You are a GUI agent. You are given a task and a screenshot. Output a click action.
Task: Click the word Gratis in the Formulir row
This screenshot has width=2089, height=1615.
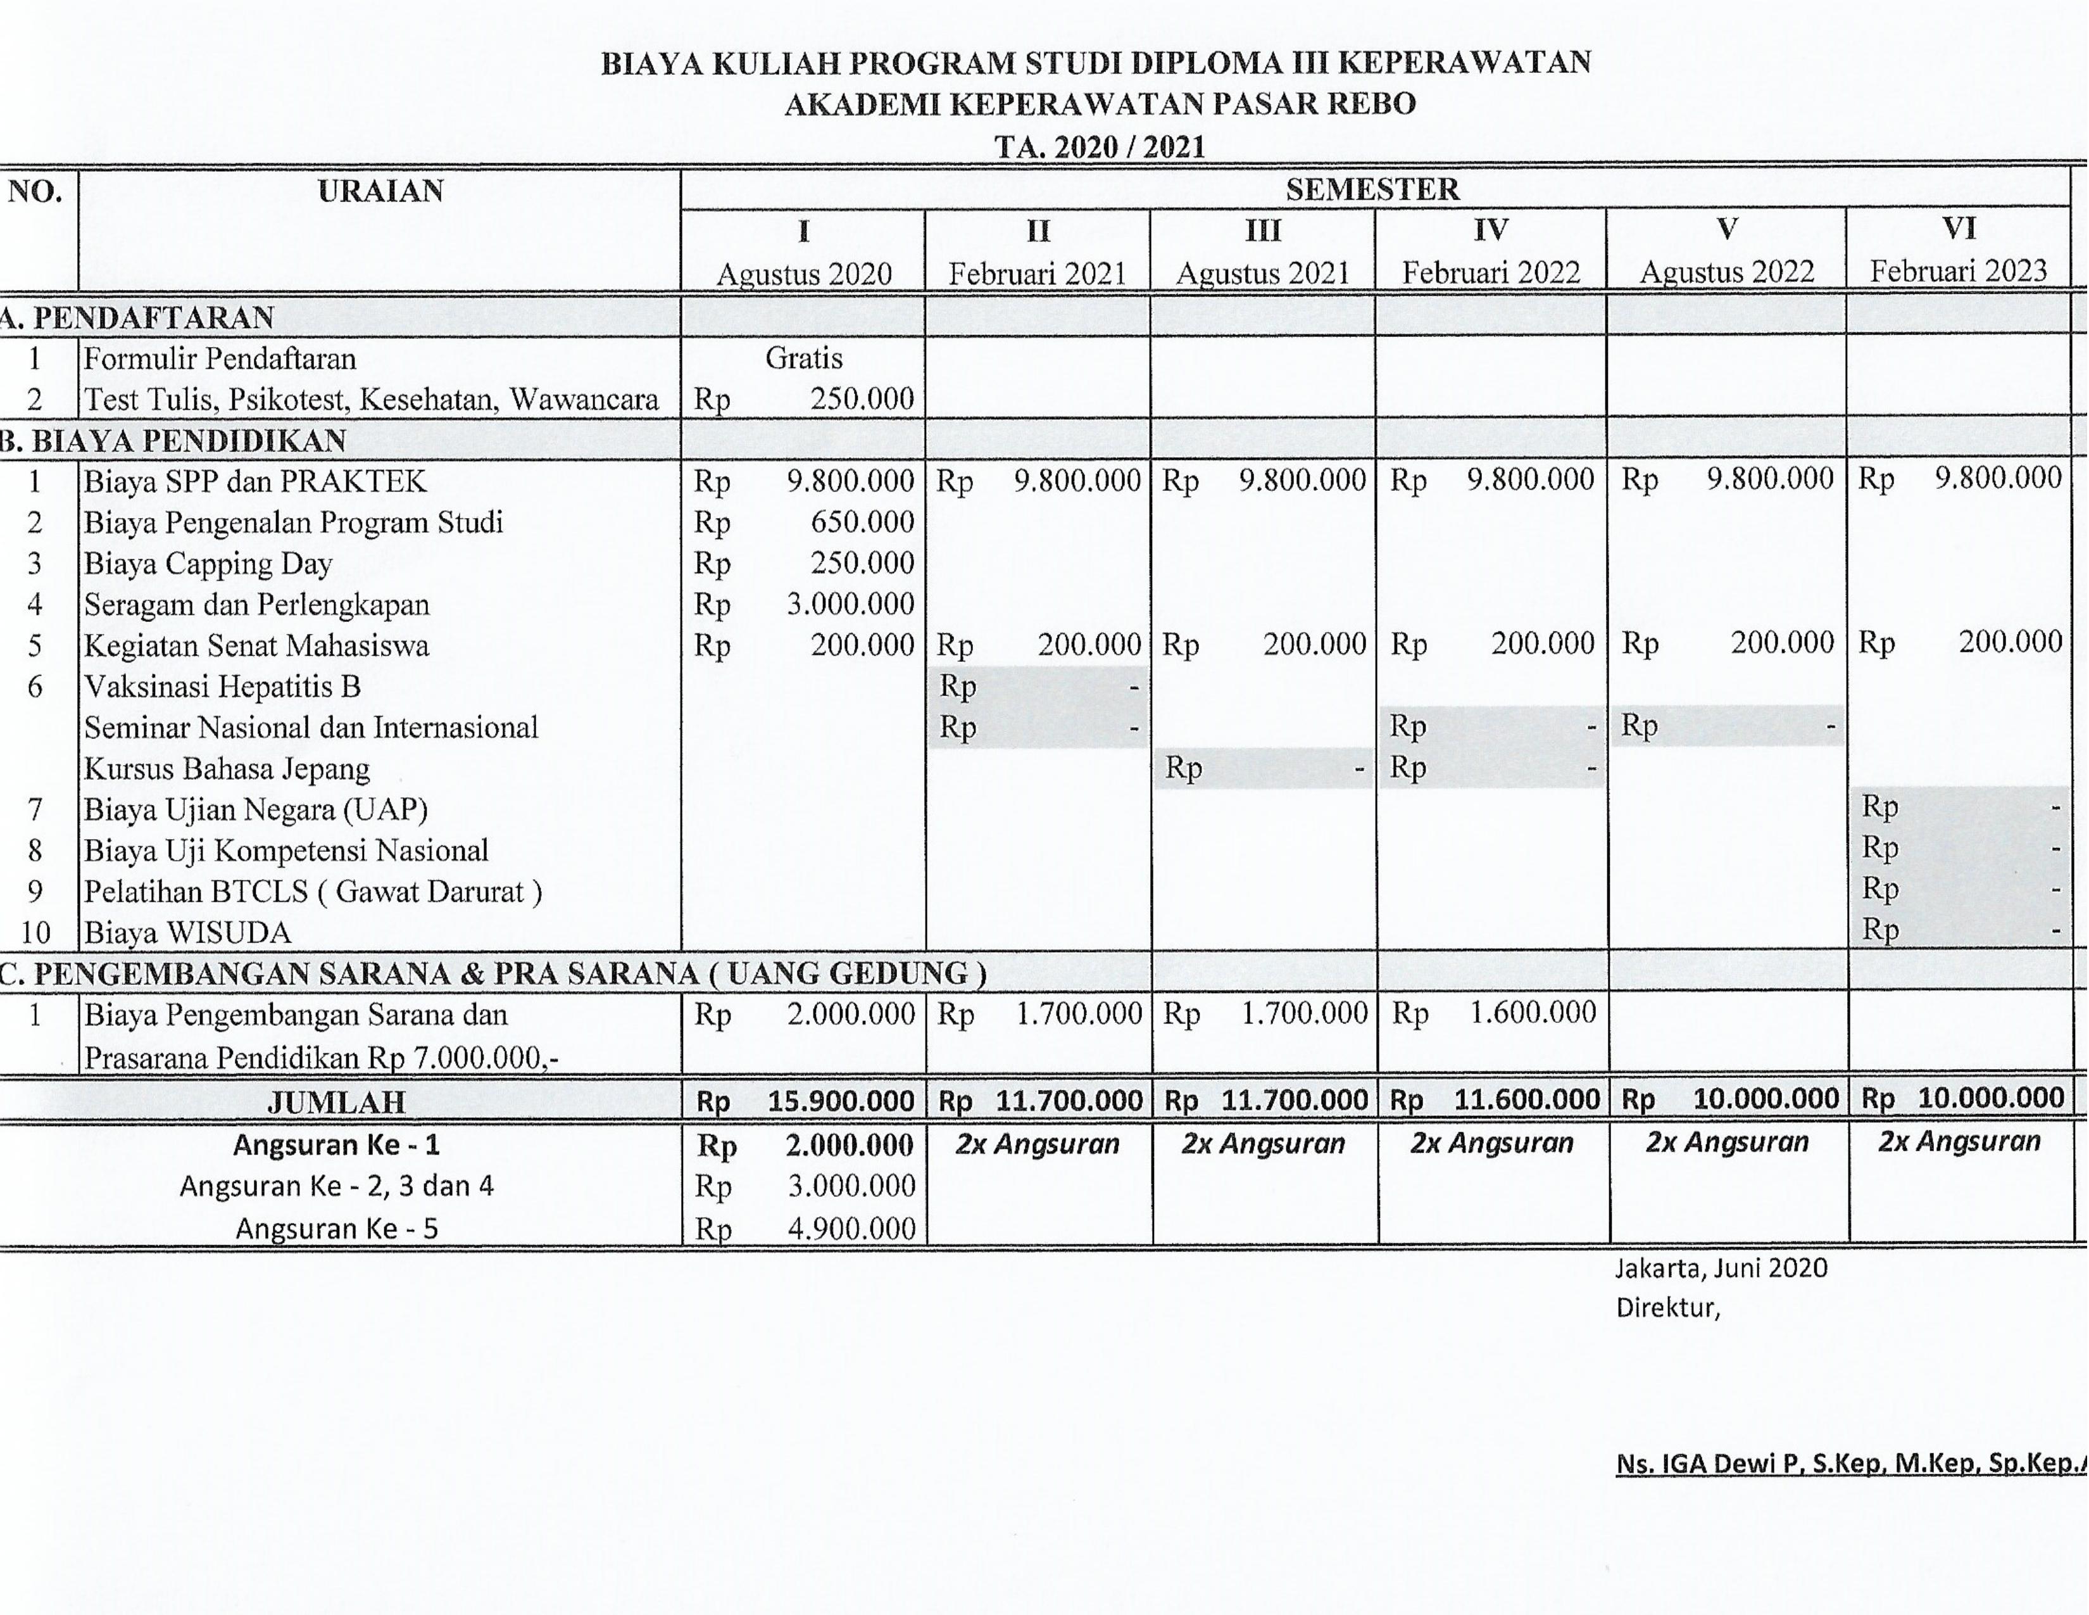(x=803, y=358)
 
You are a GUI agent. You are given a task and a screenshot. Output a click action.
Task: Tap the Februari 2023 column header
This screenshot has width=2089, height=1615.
(x=1958, y=271)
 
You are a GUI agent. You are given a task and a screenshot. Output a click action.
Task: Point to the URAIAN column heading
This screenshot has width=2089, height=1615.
(x=380, y=191)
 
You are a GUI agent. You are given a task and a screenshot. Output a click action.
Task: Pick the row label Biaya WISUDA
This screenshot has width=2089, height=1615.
(x=187, y=932)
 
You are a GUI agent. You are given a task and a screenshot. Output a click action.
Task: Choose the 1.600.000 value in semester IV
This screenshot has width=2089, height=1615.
(x=1533, y=1012)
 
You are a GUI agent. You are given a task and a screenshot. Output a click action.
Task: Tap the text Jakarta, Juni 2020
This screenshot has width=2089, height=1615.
(x=1721, y=1268)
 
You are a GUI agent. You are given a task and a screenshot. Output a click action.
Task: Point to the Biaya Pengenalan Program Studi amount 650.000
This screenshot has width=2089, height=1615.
(x=862, y=522)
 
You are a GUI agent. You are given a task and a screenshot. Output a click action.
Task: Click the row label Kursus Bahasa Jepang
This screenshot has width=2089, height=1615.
(x=227, y=768)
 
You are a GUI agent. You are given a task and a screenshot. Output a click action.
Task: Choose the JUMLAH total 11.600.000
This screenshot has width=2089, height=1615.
(x=1527, y=1099)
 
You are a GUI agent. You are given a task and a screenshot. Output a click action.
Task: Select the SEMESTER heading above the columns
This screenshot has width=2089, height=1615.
(x=1372, y=189)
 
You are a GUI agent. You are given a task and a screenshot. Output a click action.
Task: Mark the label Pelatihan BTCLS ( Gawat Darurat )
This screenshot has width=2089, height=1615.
(x=313, y=892)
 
